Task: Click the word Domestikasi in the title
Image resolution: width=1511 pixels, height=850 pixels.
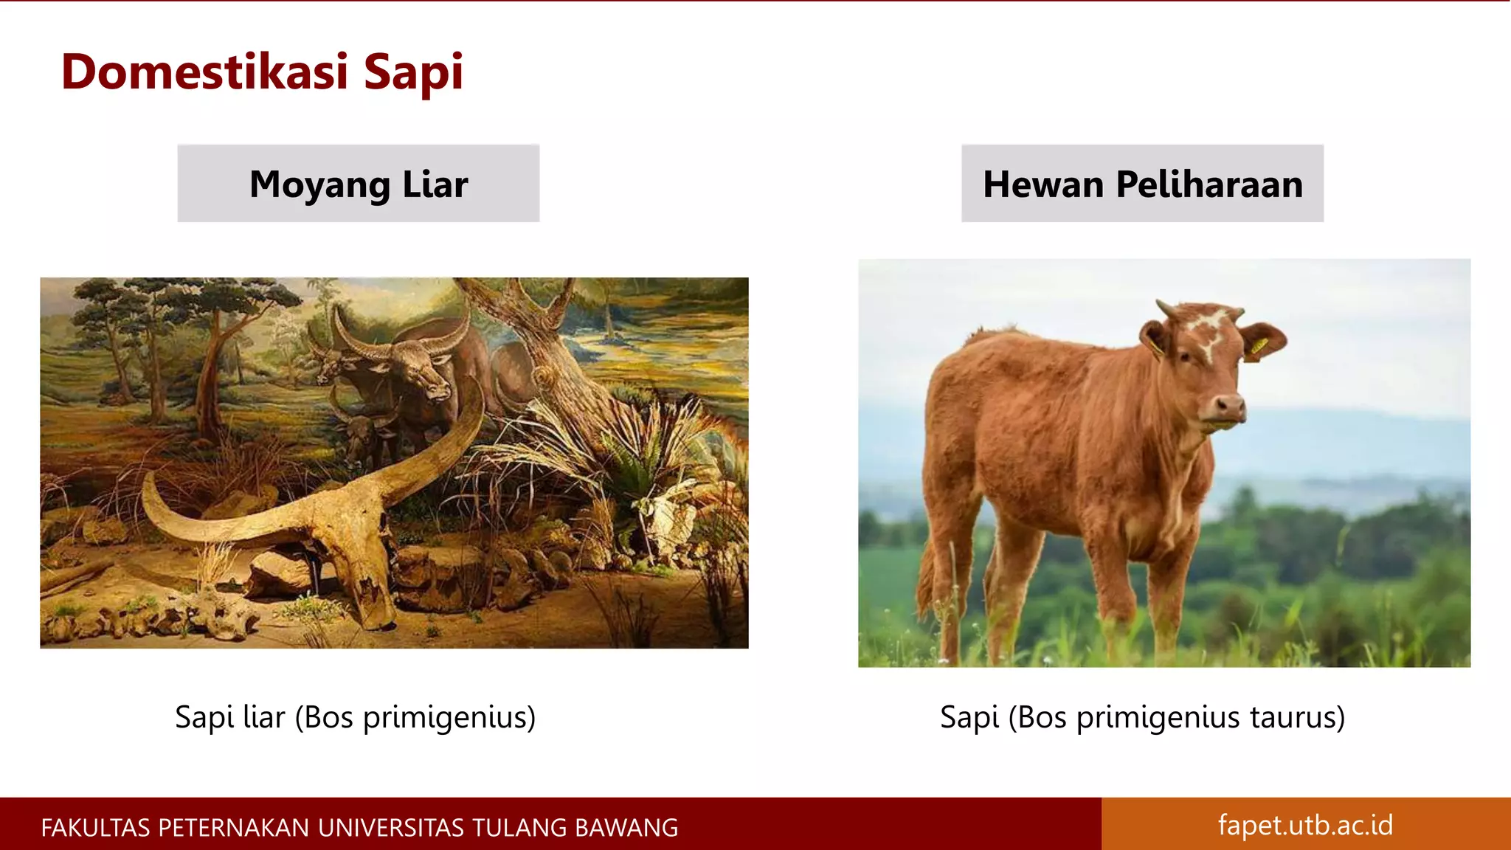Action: coord(204,72)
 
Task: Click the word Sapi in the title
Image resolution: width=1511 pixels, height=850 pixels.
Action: coord(413,72)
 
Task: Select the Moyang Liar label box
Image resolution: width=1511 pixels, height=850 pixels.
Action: coord(358,184)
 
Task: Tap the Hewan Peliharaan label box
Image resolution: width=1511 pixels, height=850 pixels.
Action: coord(1142,184)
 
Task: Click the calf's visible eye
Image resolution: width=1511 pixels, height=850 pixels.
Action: coord(1185,356)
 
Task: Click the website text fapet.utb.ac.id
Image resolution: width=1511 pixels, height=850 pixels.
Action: coord(1305,825)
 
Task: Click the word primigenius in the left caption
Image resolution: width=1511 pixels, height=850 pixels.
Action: coord(449,717)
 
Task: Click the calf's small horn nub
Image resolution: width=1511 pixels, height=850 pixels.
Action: coord(1166,308)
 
